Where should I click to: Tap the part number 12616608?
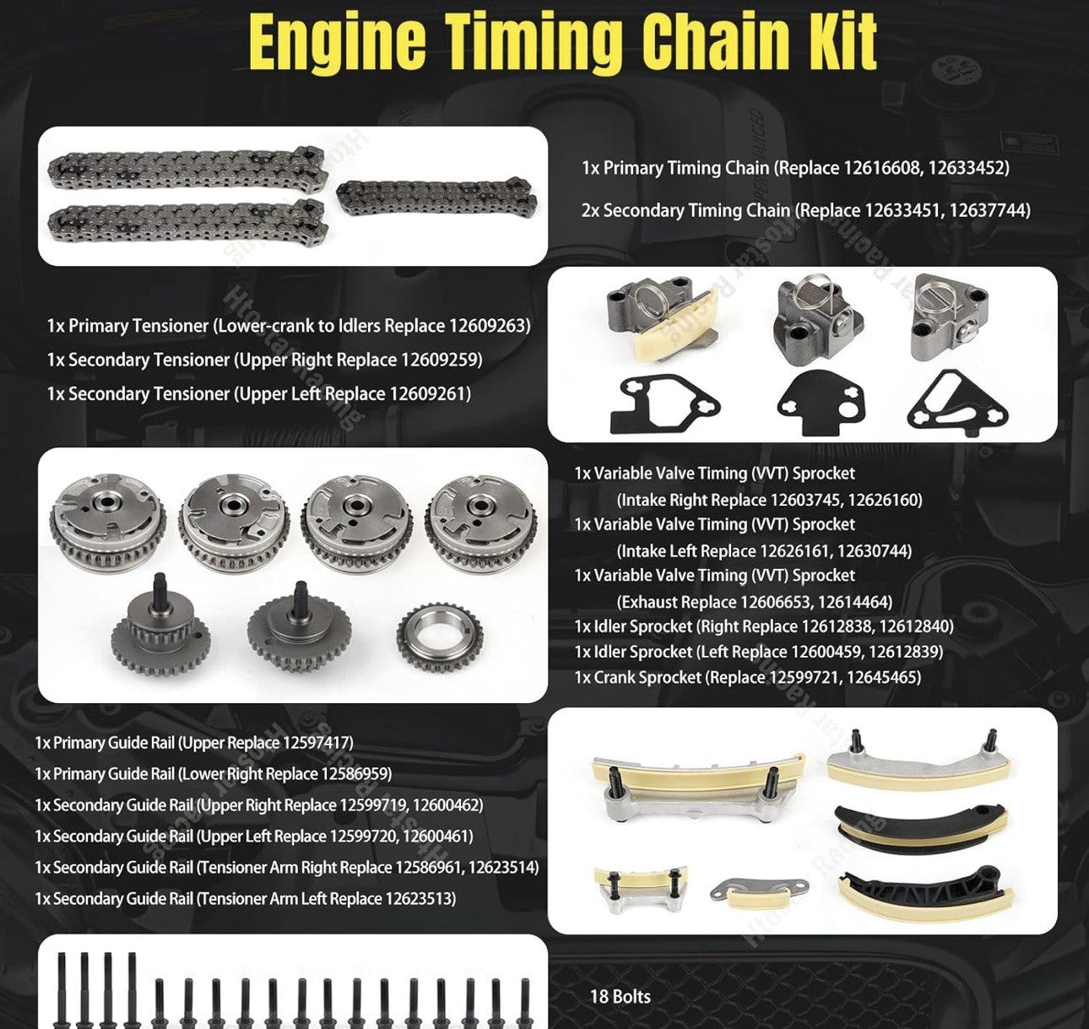[879, 168]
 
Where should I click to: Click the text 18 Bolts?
[620, 997]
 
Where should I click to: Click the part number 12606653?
[775, 602]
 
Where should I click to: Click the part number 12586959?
[355, 774]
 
